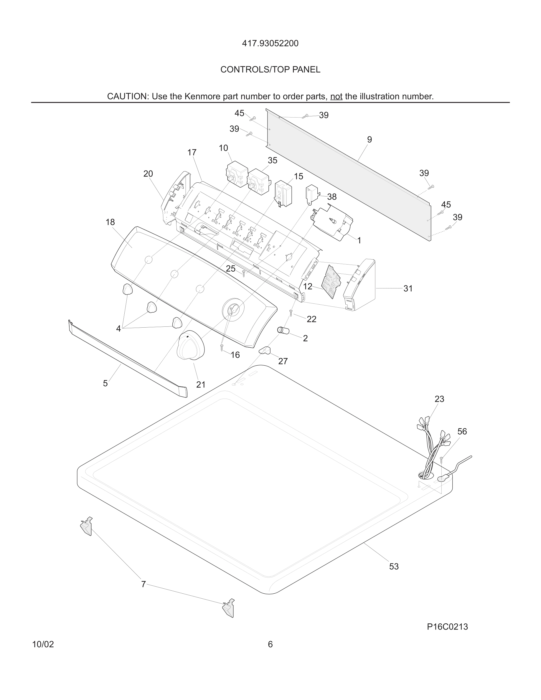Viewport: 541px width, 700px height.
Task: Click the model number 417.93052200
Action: click(270, 43)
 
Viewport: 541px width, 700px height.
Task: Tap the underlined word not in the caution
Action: click(336, 96)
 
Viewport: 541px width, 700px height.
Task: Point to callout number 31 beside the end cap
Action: click(408, 288)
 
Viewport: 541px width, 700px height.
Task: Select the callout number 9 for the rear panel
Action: click(369, 139)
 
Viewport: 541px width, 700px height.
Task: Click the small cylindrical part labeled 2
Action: click(283, 331)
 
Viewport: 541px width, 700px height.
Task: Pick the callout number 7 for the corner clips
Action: click(143, 584)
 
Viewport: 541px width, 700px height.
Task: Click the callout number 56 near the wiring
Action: click(462, 431)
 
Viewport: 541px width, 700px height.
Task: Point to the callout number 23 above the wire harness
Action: click(439, 399)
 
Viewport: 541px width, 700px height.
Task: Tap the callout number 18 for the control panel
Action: click(110, 222)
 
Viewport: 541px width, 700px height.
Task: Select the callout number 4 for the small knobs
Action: click(118, 328)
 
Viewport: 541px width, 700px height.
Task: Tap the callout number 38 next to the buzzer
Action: click(332, 197)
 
